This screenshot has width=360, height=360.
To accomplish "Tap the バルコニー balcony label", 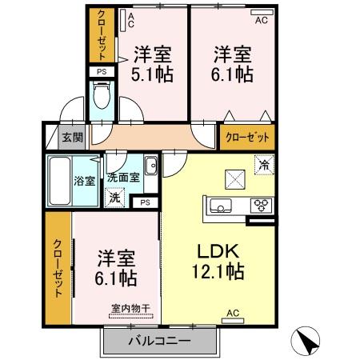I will click(x=159, y=341).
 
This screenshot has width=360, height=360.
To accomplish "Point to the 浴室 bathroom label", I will click(x=82, y=179).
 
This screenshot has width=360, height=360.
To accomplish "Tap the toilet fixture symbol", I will click(x=102, y=101).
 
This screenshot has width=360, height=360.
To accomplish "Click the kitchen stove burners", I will click(x=261, y=206).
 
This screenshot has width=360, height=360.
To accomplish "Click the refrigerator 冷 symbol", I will click(x=263, y=165).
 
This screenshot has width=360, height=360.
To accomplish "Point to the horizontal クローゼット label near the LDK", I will click(x=246, y=137).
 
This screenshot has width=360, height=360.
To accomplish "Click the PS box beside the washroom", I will click(x=145, y=202).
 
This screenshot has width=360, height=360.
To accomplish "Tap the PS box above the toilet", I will click(x=101, y=72).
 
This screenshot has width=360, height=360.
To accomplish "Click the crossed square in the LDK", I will click(x=234, y=177).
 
